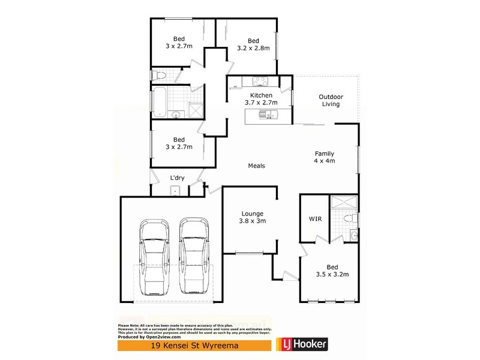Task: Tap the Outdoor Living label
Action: point(329,100)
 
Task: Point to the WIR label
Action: point(316,219)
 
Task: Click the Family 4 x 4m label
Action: point(324,157)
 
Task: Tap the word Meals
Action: point(257,166)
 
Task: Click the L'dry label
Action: point(177,178)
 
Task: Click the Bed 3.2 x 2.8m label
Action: point(253,44)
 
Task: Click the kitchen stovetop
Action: point(262,82)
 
